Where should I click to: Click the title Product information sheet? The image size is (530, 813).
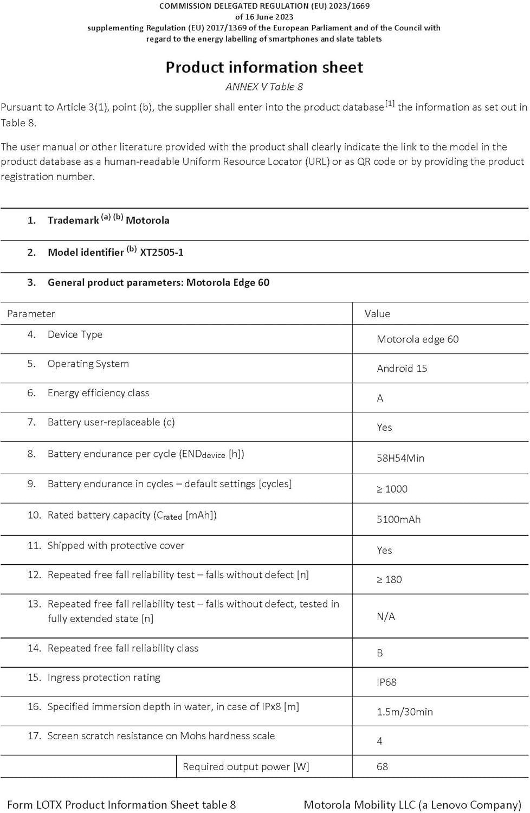click(x=264, y=67)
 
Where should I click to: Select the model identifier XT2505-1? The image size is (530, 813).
click(x=161, y=252)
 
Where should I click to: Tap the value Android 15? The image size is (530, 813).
click(x=402, y=369)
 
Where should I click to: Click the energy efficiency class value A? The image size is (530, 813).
click(x=380, y=398)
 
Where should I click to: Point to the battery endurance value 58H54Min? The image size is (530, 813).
click(x=400, y=458)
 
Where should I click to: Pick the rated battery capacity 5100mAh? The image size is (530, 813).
click(x=398, y=519)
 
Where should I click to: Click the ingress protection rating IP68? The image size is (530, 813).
click(x=386, y=682)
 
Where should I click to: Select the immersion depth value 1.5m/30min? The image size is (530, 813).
click(x=404, y=712)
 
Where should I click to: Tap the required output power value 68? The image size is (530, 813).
click(x=382, y=766)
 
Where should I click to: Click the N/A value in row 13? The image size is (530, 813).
click(x=386, y=616)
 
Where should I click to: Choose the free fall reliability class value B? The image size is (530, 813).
click(x=380, y=653)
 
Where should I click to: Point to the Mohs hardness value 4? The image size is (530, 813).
click(x=379, y=741)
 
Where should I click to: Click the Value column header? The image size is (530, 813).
click(x=377, y=313)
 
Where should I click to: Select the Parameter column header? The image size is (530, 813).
click(x=31, y=313)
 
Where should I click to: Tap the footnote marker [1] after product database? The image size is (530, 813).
click(x=390, y=104)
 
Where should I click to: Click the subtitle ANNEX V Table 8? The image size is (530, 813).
click(x=264, y=87)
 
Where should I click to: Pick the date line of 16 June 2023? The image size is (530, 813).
click(x=264, y=17)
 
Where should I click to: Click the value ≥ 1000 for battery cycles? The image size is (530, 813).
click(x=392, y=489)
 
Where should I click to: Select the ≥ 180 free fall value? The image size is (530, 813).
click(x=389, y=579)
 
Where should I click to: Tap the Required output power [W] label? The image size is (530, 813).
click(x=246, y=766)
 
